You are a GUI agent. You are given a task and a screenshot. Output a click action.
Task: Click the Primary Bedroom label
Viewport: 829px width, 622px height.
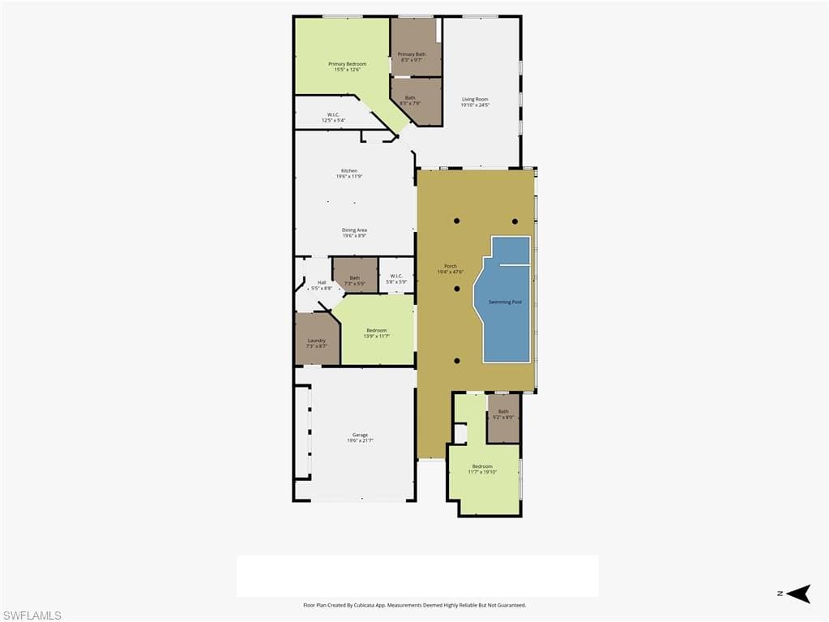pos(347,64)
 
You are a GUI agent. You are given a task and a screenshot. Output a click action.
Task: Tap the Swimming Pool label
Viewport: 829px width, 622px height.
pos(505,302)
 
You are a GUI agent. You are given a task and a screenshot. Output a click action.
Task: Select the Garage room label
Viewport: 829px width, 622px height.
pos(360,435)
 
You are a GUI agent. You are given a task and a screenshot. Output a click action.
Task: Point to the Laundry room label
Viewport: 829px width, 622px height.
pos(316,341)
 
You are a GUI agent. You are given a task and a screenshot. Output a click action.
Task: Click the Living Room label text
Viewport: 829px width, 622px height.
pos(475,99)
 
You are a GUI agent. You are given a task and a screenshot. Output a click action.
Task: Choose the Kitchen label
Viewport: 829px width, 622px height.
pos(348,171)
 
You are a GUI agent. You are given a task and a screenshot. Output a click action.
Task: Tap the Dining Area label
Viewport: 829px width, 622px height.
pos(354,230)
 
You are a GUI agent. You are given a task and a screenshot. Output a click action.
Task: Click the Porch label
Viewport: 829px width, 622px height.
pos(450,266)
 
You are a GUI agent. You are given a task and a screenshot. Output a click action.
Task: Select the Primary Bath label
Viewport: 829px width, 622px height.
pos(412,54)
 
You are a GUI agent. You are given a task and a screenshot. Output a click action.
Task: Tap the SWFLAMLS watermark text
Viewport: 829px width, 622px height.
pos(32,616)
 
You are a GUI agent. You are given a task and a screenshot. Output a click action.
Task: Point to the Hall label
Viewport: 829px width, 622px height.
pos(321,283)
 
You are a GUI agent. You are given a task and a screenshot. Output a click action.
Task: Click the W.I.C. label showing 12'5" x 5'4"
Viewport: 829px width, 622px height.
pos(333,114)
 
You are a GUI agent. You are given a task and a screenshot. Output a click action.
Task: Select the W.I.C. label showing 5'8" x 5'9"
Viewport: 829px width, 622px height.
pos(396,276)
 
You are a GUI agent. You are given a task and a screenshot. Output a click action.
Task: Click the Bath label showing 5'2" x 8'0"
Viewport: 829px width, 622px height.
pos(503,411)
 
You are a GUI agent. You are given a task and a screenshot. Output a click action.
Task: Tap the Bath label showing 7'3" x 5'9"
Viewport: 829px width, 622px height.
pos(354,278)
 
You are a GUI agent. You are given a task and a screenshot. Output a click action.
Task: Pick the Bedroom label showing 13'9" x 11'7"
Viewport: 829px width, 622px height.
pos(376,330)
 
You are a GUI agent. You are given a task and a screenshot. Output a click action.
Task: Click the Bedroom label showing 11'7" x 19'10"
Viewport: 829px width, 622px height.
pos(482,466)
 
